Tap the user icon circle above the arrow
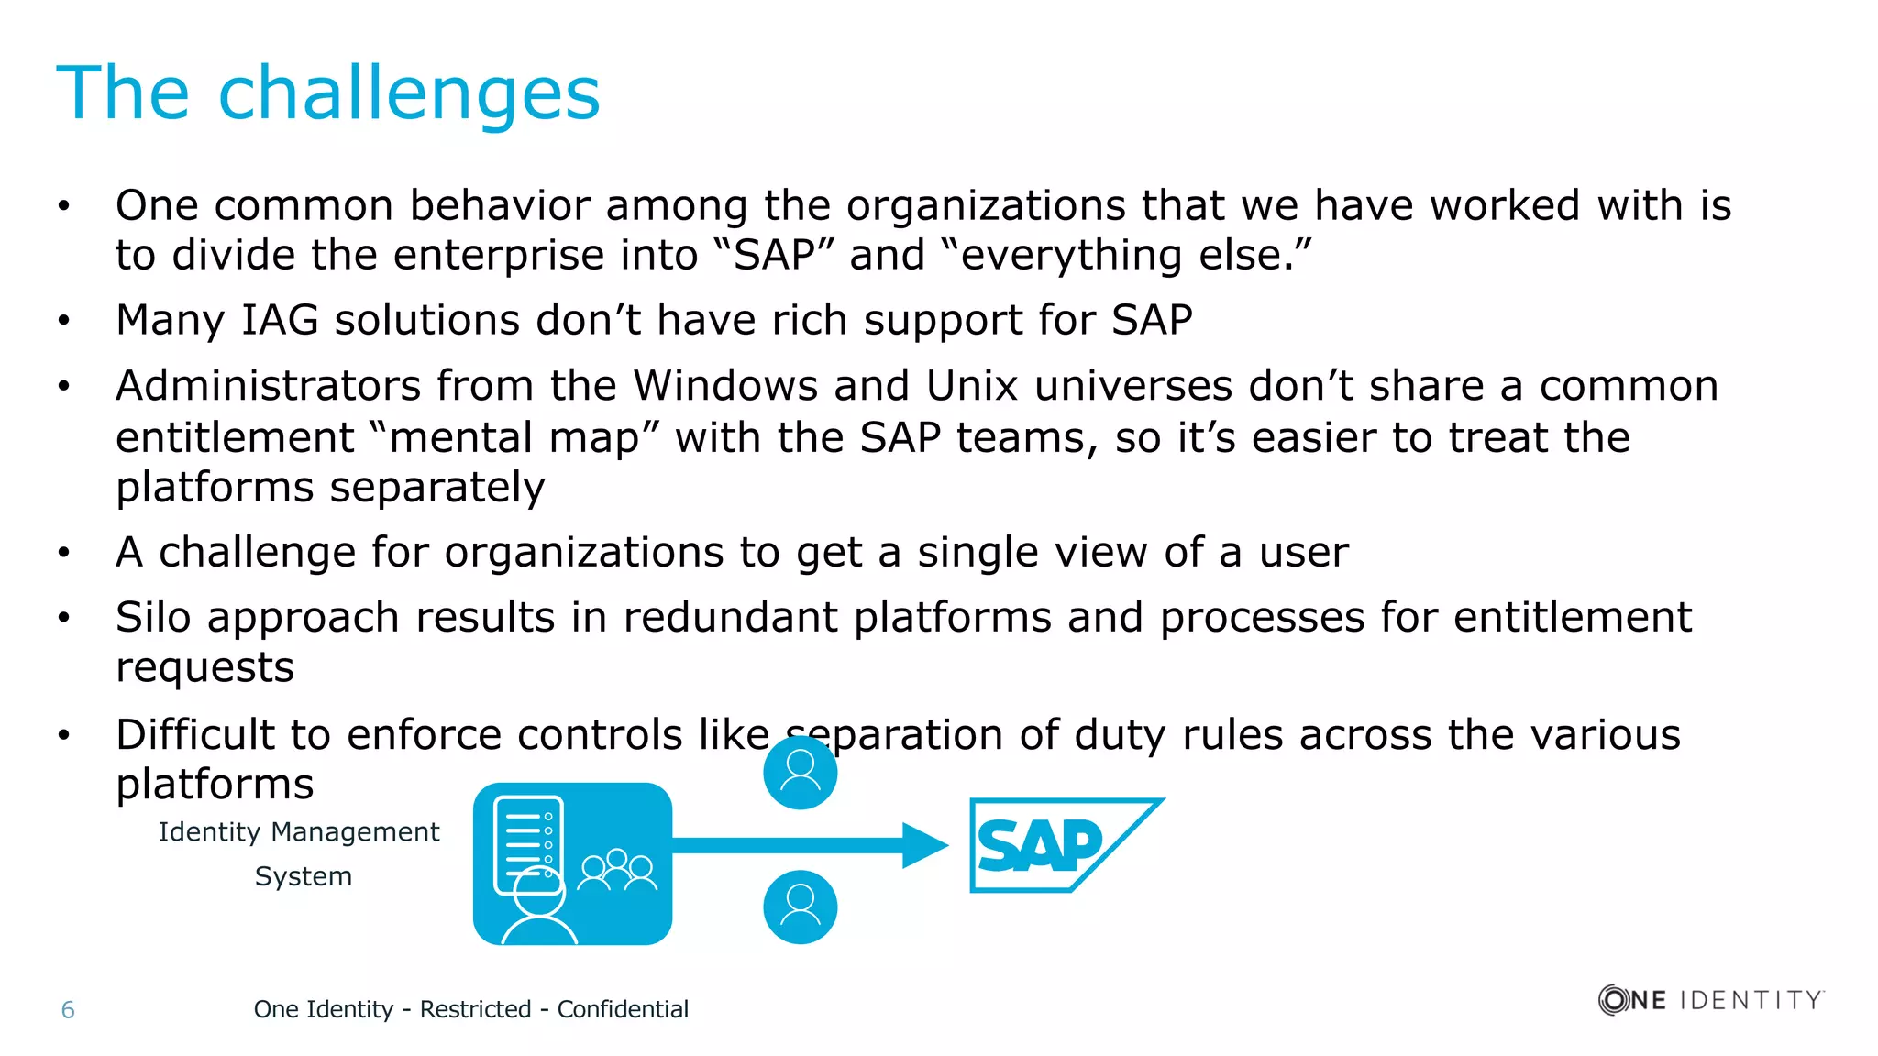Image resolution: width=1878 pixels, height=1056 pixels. [800, 772]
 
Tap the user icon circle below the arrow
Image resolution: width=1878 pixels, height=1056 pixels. [800, 907]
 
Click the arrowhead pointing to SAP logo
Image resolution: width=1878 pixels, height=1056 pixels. [924, 845]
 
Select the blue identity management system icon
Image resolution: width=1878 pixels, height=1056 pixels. [572, 863]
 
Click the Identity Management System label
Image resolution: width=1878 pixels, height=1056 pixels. [300, 853]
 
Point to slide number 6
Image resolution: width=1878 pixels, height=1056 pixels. [68, 1010]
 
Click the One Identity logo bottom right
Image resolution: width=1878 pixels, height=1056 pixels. [1711, 999]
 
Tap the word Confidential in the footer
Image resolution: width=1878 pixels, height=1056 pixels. [623, 1009]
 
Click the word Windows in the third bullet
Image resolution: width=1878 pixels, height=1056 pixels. [725, 386]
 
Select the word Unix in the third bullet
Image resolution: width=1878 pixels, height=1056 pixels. [971, 386]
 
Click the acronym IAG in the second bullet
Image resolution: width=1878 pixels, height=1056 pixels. [280, 321]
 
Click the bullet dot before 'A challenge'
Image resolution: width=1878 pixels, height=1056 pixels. [63, 553]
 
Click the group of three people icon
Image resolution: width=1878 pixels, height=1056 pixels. [618, 870]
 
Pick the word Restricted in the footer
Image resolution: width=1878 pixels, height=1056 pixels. [475, 1009]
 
